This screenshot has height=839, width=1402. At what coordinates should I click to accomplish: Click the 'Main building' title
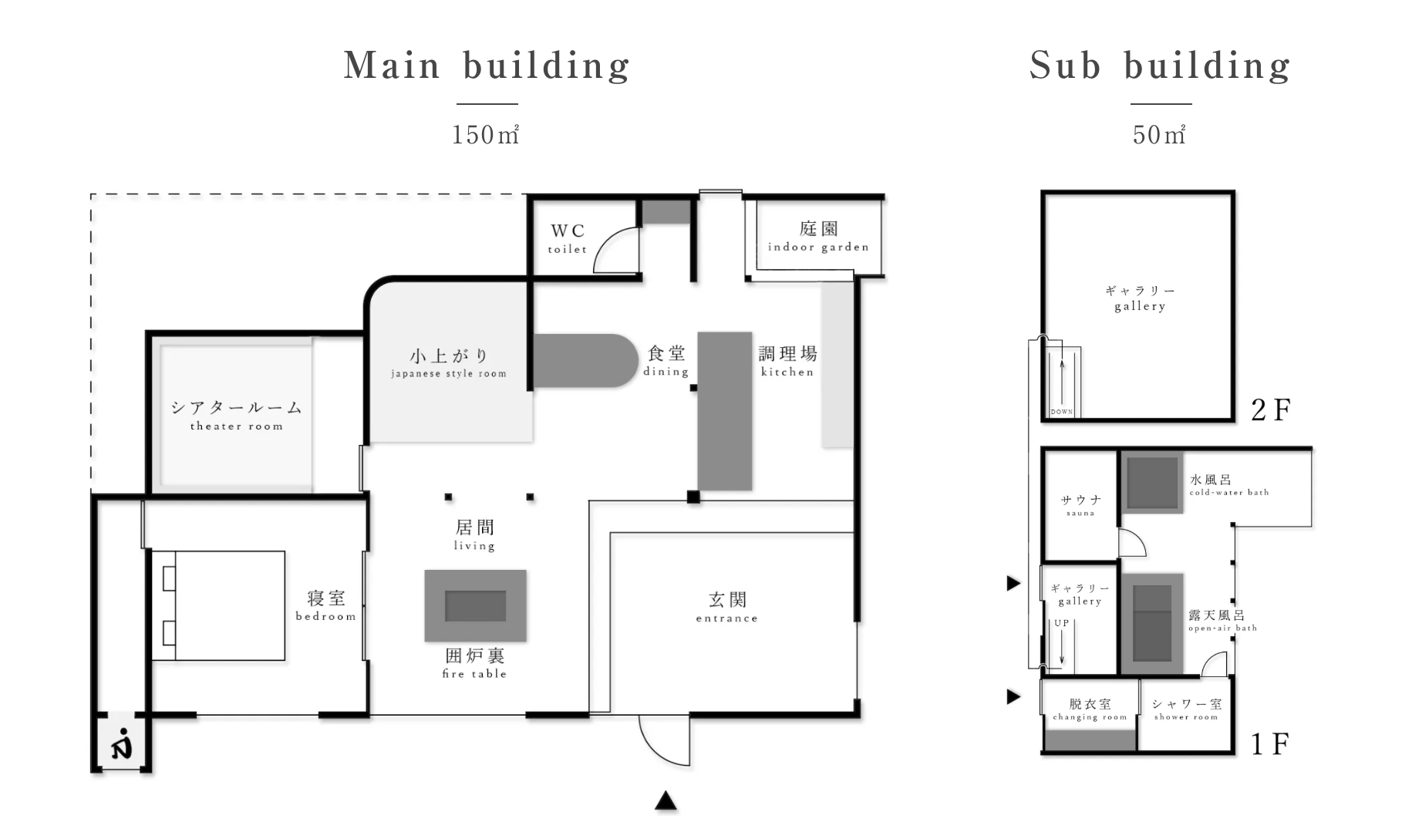pos(487,66)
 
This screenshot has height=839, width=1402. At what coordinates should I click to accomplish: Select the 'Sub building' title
pos(1160,66)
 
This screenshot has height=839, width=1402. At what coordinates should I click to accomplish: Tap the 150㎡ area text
pos(485,135)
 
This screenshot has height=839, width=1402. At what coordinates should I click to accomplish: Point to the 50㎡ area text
pos(1159,135)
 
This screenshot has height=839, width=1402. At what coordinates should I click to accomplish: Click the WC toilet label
pos(568,238)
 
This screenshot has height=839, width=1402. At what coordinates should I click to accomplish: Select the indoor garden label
pos(818,237)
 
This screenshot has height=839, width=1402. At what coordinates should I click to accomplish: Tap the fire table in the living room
pos(475,606)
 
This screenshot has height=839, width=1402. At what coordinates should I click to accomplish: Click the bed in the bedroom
pos(218,605)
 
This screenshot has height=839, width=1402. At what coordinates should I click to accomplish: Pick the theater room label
pos(237,415)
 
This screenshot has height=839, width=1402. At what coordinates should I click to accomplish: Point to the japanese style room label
pos(449,363)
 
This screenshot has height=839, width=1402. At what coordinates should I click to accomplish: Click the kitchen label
pos(787,361)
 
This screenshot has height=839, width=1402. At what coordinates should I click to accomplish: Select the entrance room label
pos(726,607)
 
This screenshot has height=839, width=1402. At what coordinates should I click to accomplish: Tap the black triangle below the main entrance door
pos(666,801)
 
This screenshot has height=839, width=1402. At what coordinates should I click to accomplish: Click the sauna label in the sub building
pos(1080,506)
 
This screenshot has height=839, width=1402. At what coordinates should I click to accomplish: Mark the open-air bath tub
pos(1152,624)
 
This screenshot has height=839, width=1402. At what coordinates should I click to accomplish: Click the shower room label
pos(1186,709)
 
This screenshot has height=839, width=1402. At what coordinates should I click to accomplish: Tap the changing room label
pos(1090,709)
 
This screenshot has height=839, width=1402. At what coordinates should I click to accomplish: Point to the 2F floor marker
pos(1270,409)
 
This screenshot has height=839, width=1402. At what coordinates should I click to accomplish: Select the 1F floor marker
pos(1269,744)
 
